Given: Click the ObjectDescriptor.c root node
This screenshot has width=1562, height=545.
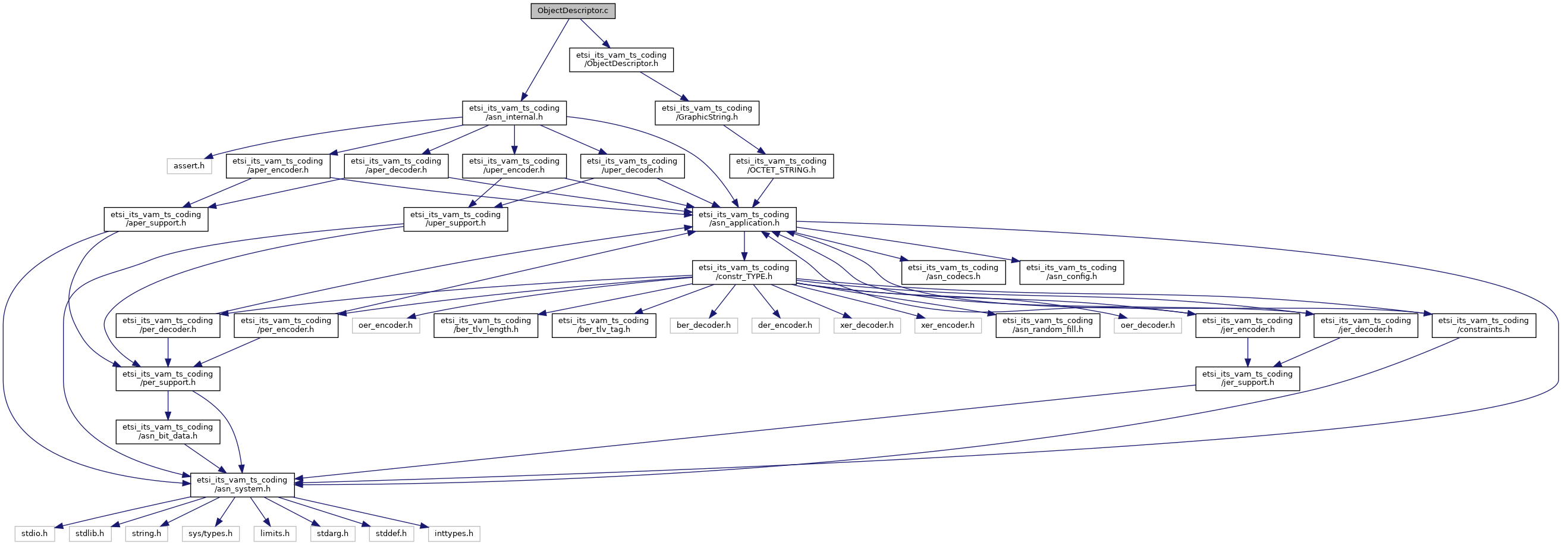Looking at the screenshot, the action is coord(573,11).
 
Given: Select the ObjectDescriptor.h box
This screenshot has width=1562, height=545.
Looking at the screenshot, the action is coord(621,59).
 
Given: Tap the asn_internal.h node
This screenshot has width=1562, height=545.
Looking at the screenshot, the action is coord(514,113).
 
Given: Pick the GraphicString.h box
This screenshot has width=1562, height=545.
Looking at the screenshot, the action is coord(706,113).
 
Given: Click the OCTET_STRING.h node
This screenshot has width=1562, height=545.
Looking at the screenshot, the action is coord(781,165).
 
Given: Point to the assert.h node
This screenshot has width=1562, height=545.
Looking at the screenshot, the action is coord(189,165).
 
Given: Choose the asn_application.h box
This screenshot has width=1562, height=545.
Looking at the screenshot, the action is coord(744,218).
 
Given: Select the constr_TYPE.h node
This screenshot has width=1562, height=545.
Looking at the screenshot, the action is coord(744,272).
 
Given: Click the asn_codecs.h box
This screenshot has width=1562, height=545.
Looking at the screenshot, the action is coord(953,272).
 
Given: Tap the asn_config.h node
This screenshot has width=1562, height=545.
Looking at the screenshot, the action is coord(1071,272).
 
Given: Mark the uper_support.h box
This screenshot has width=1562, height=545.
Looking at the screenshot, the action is coord(455,218).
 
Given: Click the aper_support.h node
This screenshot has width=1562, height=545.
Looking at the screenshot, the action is coord(156,218).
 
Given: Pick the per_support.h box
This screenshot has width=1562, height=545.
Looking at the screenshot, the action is coord(168,378).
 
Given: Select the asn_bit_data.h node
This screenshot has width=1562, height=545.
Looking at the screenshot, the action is coord(168,431).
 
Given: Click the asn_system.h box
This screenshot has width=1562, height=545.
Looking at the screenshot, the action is coord(243,484).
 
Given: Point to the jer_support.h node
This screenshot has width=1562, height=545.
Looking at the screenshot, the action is coord(1247,378).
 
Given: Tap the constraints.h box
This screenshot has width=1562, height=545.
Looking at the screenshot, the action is coord(1484,325).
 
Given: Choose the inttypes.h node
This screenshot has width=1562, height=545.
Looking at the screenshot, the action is coord(454,534).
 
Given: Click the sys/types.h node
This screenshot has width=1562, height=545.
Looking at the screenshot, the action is coord(211,534).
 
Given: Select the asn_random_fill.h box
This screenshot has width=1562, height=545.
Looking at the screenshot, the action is coord(1048,325).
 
